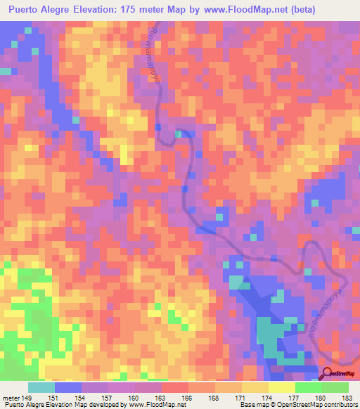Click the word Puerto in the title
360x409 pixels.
pos(26,10)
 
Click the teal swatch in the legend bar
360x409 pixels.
pos(41,387)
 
